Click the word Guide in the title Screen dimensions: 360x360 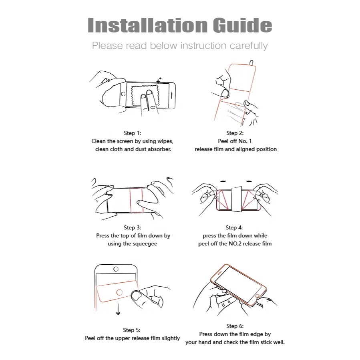click(242, 25)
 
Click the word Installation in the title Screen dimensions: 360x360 click(148, 25)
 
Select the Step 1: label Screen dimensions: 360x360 click(133, 133)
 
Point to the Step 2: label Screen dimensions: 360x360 click(235, 133)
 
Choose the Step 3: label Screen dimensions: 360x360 click(133, 227)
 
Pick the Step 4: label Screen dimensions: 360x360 click(234, 227)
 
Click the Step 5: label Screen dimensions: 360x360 click(132, 330)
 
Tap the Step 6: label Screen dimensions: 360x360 click(235, 326)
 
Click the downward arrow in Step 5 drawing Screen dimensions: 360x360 click(118, 309)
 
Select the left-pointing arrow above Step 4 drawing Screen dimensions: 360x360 click(223, 181)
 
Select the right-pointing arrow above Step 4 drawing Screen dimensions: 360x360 click(249, 181)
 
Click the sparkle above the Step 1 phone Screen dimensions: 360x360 click(159, 80)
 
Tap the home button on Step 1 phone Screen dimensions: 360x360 click(123, 94)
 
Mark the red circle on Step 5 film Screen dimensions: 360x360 click(119, 292)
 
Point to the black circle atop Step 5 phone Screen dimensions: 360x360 click(116, 269)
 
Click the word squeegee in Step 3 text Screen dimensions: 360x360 click(145, 244)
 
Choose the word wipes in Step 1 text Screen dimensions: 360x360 click(165, 141)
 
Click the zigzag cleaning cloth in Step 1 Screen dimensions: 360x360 click(145, 96)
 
